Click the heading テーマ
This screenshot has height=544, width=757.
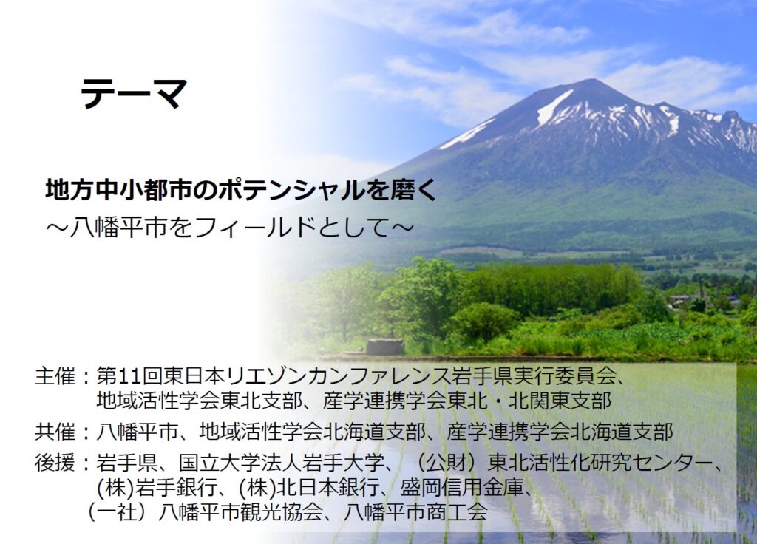coord(134,93)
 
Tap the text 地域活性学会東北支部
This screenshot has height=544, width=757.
coord(199,401)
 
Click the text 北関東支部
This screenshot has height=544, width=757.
coord(560,401)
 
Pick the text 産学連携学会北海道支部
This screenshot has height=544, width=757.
coord(560,432)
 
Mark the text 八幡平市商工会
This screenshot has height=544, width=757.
coord(415,511)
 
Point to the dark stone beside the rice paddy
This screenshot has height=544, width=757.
coord(384,347)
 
